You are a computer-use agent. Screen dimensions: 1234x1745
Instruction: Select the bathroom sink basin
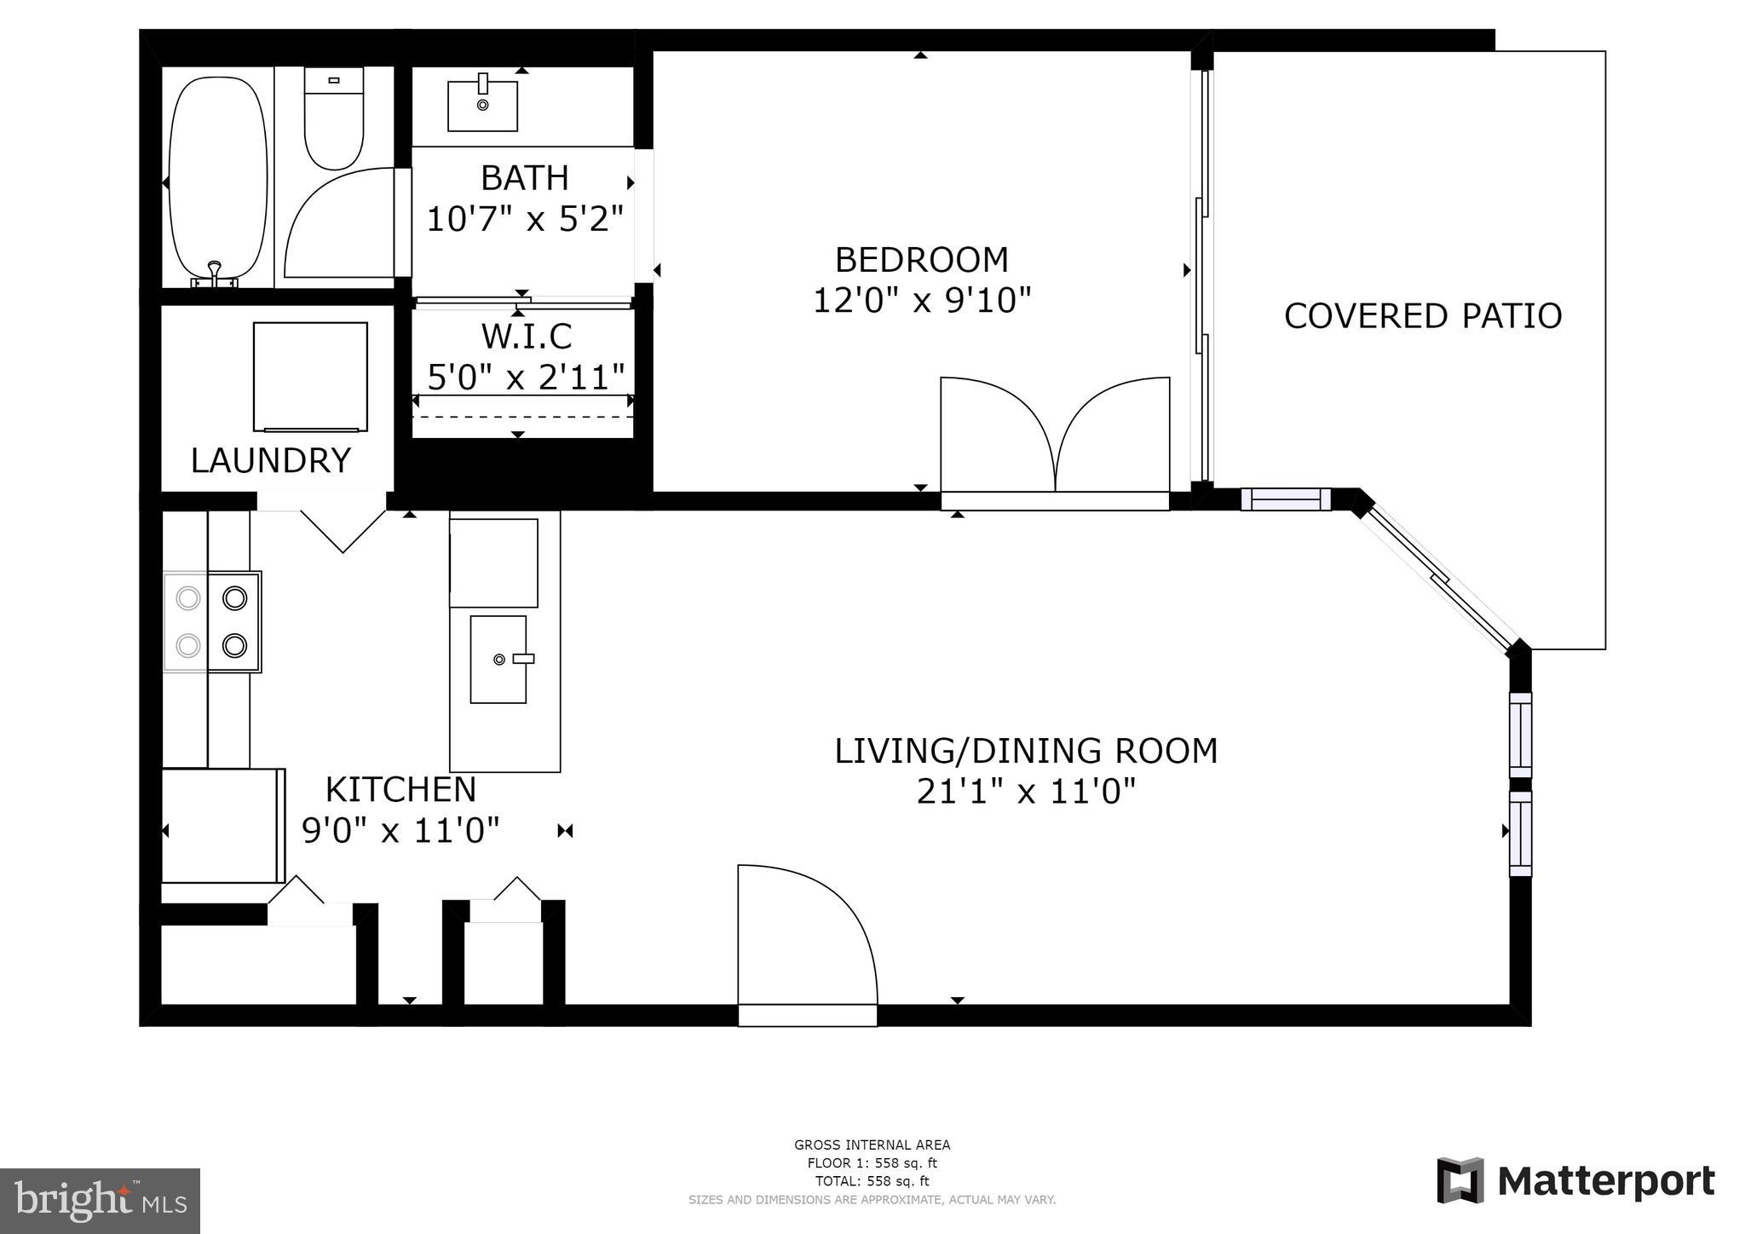pos(482,105)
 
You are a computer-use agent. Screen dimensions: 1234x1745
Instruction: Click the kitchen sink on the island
pos(498,659)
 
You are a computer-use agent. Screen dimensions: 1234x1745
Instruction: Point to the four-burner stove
pos(212,622)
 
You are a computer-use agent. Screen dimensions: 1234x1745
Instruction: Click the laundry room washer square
pos(310,377)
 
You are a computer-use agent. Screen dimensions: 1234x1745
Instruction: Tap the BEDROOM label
pos(921,259)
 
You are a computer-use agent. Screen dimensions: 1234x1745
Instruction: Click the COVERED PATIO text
pos(1422,316)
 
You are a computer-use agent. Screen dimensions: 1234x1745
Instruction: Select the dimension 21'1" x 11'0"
pos(1026,792)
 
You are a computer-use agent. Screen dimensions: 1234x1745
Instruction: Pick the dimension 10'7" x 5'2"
pos(525,219)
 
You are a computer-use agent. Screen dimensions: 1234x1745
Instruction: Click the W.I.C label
pos(526,337)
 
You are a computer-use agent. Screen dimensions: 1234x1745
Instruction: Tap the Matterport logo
pos(1576,1181)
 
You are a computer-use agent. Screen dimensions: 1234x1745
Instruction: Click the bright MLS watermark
pos(101,1201)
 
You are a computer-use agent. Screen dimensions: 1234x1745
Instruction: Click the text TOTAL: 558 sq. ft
pos(872,1181)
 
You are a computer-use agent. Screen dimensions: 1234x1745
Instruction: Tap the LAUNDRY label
pos(270,461)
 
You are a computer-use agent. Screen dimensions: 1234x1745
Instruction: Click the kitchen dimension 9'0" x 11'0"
pos(400,829)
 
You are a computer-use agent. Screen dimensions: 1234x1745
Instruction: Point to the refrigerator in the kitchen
pos(222,826)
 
